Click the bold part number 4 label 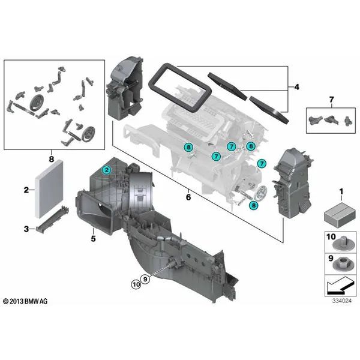296,87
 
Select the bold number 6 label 188,197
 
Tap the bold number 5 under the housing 93,239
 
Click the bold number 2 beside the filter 26,190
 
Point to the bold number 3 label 26,229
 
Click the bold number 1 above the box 341,191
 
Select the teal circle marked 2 107,170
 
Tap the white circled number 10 136,284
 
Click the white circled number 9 145,279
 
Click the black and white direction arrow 340,286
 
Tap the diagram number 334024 341,301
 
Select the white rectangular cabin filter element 49,189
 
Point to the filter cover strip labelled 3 52,220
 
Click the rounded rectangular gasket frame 180,88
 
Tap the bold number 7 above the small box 331,100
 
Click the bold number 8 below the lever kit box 52,159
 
